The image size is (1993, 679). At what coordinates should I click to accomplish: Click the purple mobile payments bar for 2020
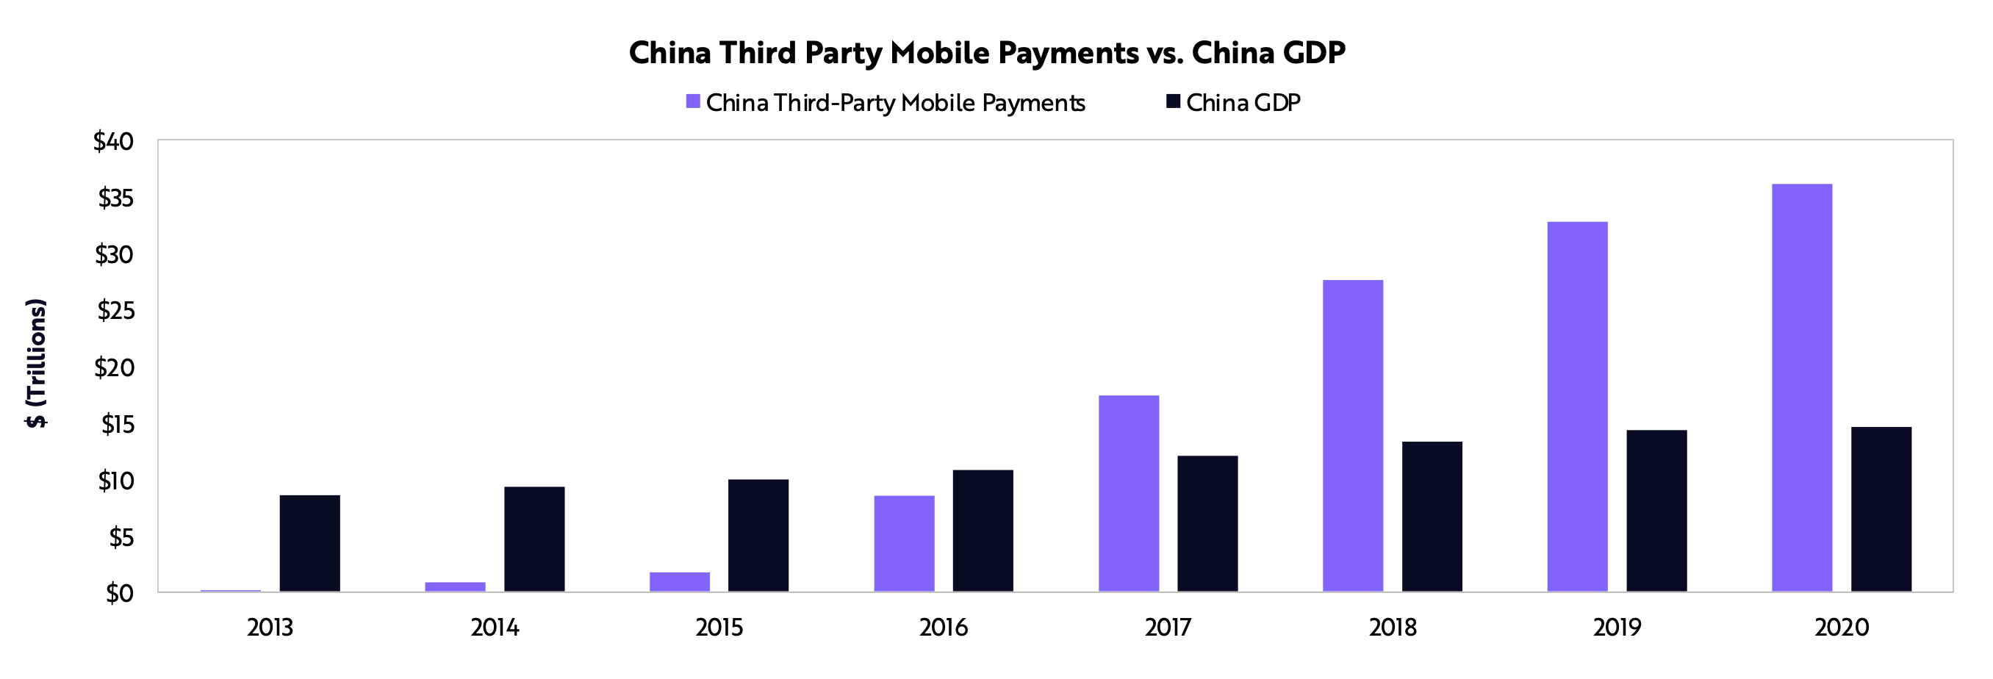[x=1802, y=387]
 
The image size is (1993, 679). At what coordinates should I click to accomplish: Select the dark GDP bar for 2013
[x=309, y=543]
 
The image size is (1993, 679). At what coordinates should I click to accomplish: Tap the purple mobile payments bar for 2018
[x=1353, y=435]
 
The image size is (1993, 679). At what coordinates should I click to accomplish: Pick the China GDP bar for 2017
[x=1207, y=523]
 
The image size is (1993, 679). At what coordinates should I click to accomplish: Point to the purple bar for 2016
[x=905, y=543]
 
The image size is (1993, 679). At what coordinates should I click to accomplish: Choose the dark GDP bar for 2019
[x=1656, y=511]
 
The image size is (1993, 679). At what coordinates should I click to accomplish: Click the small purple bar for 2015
[x=679, y=581]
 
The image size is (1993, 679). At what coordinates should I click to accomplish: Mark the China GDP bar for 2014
[x=534, y=539]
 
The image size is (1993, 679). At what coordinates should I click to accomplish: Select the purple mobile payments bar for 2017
[x=1129, y=493]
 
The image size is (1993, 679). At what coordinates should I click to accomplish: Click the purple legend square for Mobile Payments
[x=693, y=101]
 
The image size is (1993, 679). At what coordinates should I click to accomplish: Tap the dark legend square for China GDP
[x=1173, y=101]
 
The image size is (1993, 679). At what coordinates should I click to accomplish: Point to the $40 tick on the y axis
[x=114, y=142]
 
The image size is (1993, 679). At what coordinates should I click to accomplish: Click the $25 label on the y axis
[x=115, y=311]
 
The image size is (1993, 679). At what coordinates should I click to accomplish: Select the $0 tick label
[x=120, y=593]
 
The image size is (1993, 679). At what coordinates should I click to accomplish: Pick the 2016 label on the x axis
[x=943, y=627]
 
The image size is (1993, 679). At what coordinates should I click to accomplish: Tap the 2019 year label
[x=1617, y=627]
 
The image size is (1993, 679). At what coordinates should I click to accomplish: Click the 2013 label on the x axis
[x=270, y=627]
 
